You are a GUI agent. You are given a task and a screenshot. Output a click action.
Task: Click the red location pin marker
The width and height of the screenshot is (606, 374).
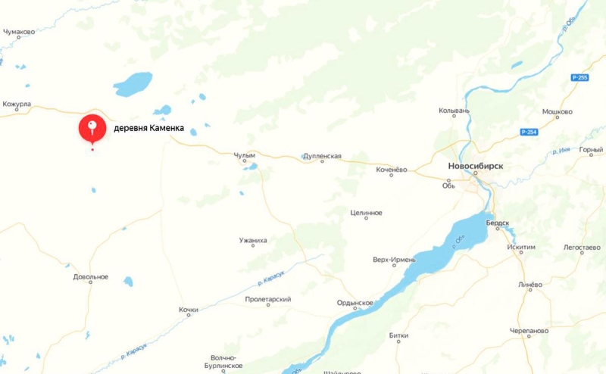[92, 127]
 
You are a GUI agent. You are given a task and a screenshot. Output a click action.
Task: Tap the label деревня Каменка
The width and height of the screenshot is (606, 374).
[148, 128]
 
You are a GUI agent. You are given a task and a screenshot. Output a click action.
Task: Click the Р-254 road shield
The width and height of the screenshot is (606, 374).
[529, 132]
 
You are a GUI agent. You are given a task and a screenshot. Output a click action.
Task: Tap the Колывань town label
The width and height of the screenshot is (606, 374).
[454, 111]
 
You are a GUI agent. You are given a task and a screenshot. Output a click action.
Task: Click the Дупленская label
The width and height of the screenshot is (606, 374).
[322, 156]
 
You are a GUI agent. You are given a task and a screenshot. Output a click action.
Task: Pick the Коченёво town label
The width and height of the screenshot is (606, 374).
[392, 170]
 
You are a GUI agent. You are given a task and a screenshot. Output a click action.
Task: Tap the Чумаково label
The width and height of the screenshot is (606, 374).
[19, 32]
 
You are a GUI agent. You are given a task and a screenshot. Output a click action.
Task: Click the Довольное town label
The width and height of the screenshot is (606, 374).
[91, 277]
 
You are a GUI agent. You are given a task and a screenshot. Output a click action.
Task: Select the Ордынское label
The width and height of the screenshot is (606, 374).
[355, 303]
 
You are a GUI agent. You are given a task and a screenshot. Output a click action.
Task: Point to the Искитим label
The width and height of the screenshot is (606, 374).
[521, 247]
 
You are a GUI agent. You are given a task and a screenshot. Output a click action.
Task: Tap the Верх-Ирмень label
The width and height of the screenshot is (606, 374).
[394, 260]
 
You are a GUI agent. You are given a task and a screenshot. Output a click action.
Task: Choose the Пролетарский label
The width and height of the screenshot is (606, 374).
[268, 300]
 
